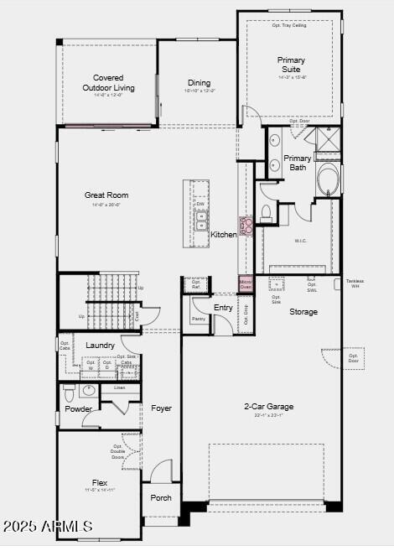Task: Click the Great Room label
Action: pos(106,195)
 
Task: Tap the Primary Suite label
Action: pos(292,65)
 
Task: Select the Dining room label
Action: pos(200,82)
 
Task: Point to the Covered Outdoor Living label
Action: pos(108,82)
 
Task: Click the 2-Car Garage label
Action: pos(268,407)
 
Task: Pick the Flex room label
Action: pos(100,483)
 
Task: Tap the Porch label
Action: pos(161,497)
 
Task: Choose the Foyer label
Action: pos(161,408)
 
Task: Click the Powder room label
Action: pos(79,409)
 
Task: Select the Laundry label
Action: pos(101,346)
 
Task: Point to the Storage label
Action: pos(303,312)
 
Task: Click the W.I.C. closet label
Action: pos(300,241)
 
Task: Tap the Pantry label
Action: pos(199,319)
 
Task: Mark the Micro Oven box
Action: pos(246,283)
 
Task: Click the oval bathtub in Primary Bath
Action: pos(328,179)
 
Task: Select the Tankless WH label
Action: pos(355,283)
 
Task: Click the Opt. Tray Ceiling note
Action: pos(289,26)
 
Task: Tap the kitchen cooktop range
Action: pos(246,226)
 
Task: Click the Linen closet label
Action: pos(120,387)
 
